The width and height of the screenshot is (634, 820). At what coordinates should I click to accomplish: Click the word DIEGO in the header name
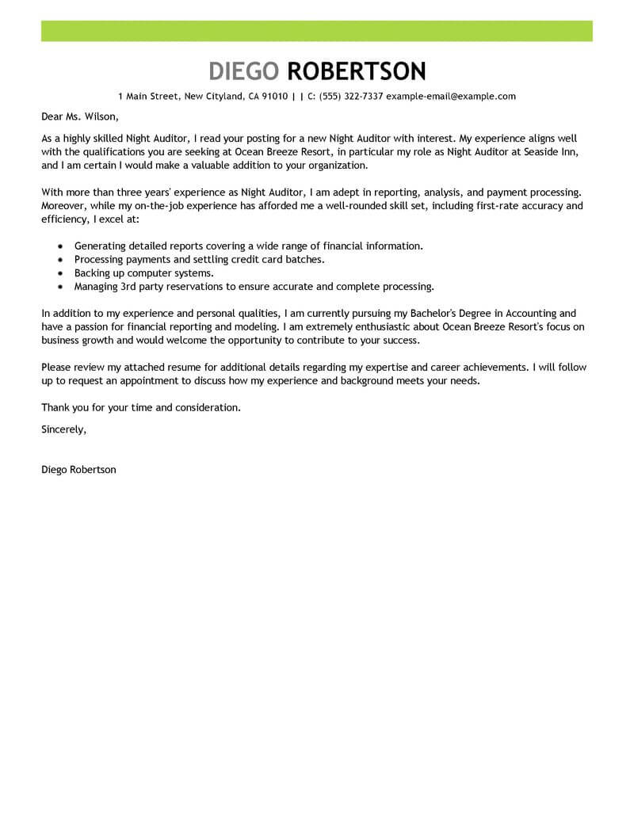[x=244, y=71]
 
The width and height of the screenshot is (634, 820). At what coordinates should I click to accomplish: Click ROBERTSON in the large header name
[x=356, y=71]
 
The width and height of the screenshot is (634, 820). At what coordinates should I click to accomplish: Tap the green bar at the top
[x=317, y=31]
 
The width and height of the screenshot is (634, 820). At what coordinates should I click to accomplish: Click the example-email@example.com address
[x=451, y=97]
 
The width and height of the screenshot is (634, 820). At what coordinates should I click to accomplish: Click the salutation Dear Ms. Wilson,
[x=79, y=117]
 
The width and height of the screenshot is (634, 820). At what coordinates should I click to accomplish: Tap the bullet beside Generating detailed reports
[x=60, y=246]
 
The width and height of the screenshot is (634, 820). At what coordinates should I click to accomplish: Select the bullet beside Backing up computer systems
[x=60, y=273]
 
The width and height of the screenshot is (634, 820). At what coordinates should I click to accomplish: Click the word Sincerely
[x=63, y=429]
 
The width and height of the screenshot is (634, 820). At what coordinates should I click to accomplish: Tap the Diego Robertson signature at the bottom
[x=78, y=470]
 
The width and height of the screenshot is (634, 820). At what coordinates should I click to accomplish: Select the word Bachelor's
[x=448, y=314]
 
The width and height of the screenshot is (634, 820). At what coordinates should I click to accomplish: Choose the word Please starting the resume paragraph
[x=57, y=368]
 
